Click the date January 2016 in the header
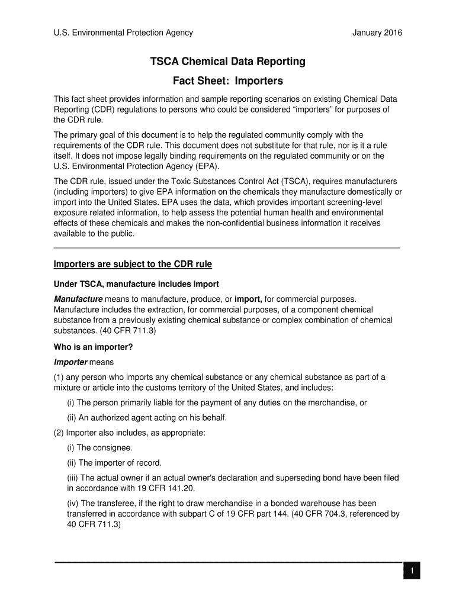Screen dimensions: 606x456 [x=377, y=33]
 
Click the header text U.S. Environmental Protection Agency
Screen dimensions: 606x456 [x=123, y=33]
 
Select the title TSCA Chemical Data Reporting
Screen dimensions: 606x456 [x=227, y=62]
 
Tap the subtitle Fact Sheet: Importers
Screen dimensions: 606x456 [x=227, y=80]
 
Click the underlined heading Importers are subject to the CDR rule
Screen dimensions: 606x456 [x=133, y=264]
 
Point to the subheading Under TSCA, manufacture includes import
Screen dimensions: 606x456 [x=136, y=284]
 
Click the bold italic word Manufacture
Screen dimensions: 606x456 [x=78, y=299]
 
